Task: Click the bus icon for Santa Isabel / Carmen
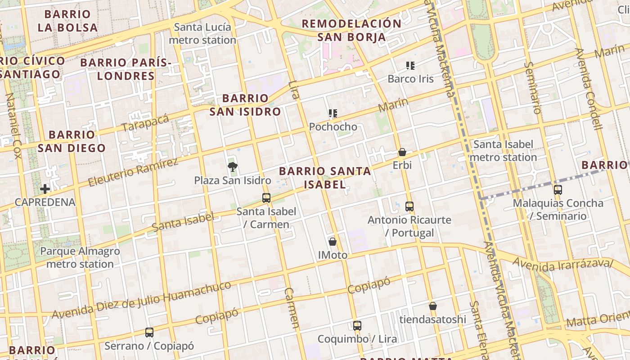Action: pyautogui.click(x=266, y=198)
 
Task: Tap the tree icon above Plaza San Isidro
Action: pyautogui.click(x=232, y=167)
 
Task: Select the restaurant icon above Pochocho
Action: pyautogui.click(x=333, y=113)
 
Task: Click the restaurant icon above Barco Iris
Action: pyautogui.click(x=410, y=66)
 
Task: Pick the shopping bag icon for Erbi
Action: pyautogui.click(x=402, y=152)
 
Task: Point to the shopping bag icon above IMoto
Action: pyautogui.click(x=333, y=242)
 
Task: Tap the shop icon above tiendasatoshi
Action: pyautogui.click(x=432, y=306)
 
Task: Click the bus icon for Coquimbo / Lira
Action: pyautogui.click(x=357, y=325)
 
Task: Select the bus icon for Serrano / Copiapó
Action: pyautogui.click(x=149, y=333)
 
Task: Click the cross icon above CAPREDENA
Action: pyautogui.click(x=45, y=189)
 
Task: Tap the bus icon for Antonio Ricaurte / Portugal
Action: pyautogui.click(x=409, y=207)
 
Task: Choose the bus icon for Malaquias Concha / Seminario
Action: pyautogui.click(x=558, y=190)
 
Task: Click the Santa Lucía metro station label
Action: pyautogui.click(x=202, y=34)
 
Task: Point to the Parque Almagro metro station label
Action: pyautogui.click(x=80, y=257)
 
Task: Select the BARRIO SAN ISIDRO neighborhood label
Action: pyautogui.click(x=245, y=105)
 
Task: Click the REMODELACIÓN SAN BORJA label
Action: pyautogui.click(x=351, y=30)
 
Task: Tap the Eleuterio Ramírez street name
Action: pyautogui.click(x=133, y=172)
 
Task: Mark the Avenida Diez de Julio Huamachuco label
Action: pyautogui.click(x=142, y=300)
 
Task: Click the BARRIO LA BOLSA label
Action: pyautogui.click(x=67, y=21)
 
